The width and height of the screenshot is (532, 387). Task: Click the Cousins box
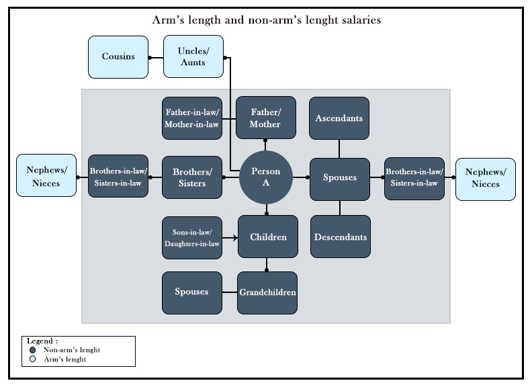[118, 56]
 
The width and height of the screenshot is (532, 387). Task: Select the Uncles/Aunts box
[193, 56]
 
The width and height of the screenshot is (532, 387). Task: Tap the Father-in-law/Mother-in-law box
[192, 118]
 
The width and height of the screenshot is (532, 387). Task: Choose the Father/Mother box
[265, 118]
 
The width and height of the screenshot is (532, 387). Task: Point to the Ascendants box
[339, 118]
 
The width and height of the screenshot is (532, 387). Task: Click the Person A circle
[266, 177]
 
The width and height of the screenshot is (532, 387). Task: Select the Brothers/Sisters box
[192, 177]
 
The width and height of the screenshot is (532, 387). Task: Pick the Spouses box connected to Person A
[340, 179]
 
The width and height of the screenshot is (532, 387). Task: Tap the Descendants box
[341, 236]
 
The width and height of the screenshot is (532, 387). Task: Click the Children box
[268, 236]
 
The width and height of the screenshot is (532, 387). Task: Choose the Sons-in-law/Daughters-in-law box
[192, 237]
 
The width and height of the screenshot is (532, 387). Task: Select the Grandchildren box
[267, 292]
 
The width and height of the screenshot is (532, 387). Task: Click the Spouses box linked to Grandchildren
[192, 292]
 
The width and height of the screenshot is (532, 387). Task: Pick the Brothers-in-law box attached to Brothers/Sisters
[118, 176]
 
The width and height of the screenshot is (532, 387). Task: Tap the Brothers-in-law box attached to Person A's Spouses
[414, 177]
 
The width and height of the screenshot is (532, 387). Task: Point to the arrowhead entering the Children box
[235, 237]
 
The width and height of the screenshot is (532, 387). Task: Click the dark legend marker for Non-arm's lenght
[32, 350]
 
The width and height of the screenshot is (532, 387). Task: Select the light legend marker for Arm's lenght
[32, 359]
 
